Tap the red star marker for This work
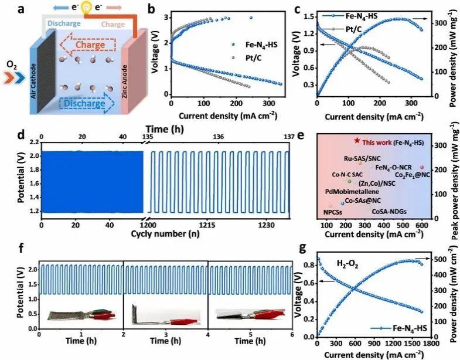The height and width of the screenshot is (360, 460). coord(357,141)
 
